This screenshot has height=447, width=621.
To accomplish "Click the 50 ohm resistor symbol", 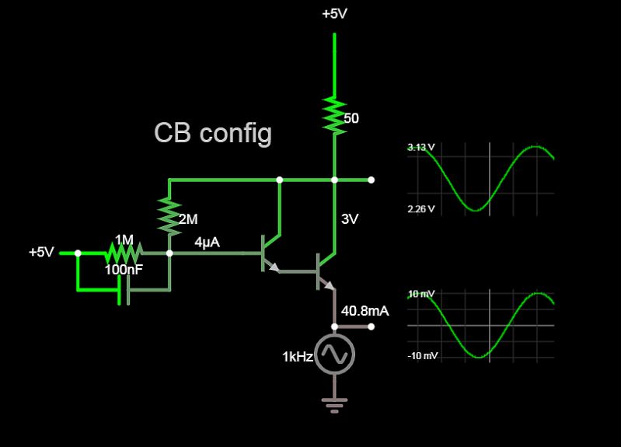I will point(335,115).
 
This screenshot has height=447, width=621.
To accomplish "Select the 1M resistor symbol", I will point(124,253).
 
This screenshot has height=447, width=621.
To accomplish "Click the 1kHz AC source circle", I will point(335,354).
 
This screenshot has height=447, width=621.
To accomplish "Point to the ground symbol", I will point(335,404).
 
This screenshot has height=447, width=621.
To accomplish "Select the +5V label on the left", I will point(41,253).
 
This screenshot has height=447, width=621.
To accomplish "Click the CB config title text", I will point(213,133).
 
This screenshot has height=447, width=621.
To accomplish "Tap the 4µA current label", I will point(207,243).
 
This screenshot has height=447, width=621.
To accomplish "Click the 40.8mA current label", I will point(365,311).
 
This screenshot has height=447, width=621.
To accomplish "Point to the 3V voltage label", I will point(350,219).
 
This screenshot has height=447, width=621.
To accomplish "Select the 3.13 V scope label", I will point(420,148).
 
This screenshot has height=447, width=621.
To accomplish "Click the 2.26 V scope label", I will point(420,209).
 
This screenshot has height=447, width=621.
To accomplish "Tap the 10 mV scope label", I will point(420,294).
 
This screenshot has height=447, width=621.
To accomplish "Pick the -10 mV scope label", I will point(422,356).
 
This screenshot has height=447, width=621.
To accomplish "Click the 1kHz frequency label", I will point(297,356).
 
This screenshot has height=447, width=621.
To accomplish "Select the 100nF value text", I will point(124,270).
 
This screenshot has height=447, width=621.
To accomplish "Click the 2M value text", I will point(187,219).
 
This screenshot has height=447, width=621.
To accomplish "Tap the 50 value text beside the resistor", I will point(351,118).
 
